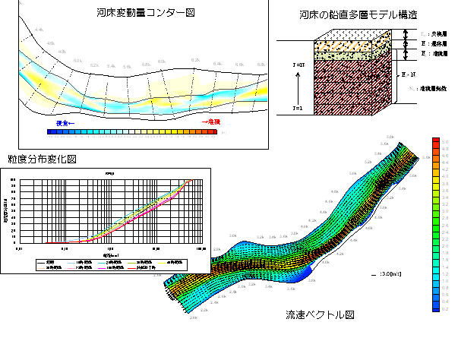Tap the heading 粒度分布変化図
(x=44, y=159)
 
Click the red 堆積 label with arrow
(x=210, y=122)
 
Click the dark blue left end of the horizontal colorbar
(x=51, y=131)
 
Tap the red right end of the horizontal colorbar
(x=216, y=131)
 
